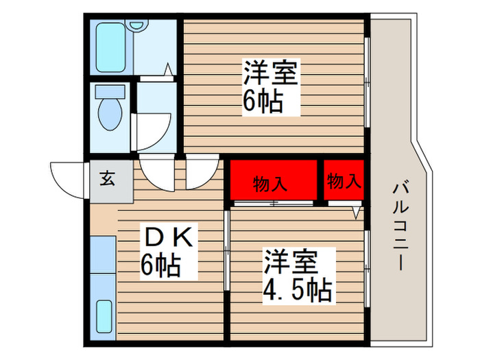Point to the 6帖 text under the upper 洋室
point(263,101)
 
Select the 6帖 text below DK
point(160,264)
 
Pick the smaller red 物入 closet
point(344,181)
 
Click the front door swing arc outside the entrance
point(67,178)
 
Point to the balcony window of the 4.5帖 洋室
point(368,268)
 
